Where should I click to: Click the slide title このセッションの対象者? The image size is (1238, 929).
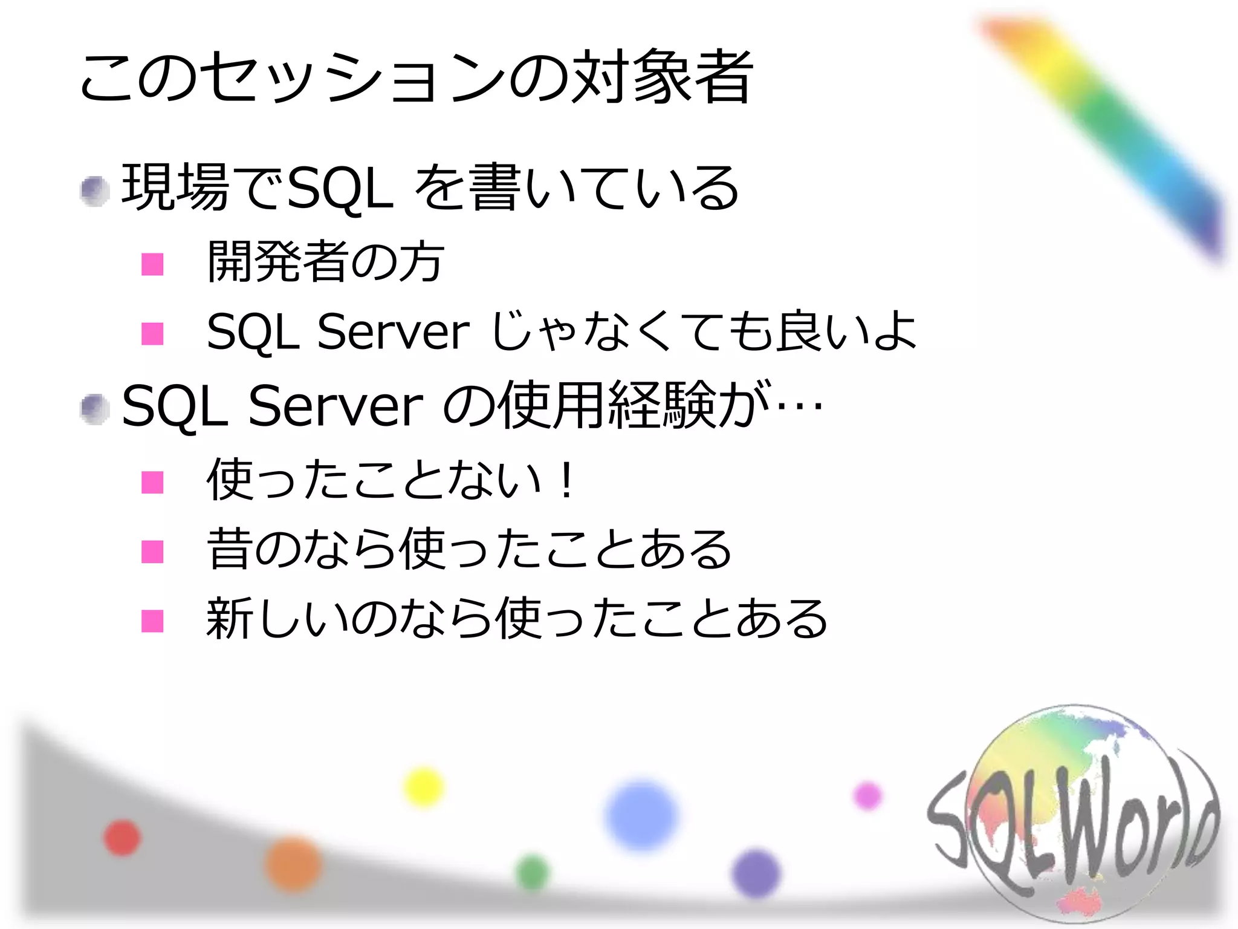click(416, 77)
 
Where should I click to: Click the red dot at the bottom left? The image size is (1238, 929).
click(122, 838)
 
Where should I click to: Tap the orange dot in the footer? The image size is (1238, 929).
click(293, 864)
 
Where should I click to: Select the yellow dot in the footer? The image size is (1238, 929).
click(423, 787)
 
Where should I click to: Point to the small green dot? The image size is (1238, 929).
click(533, 873)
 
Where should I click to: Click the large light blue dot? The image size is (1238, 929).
click(641, 815)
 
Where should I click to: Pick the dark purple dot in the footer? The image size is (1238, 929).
click(756, 873)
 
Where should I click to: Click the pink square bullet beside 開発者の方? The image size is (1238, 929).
click(152, 264)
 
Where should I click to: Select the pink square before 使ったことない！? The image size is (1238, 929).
click(152, 483)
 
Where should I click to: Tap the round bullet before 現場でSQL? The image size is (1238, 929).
click(95, 191)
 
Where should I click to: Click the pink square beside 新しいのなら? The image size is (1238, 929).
click(152, 621)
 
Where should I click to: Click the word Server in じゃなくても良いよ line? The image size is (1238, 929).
click(393, 331)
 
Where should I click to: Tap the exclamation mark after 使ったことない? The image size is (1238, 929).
click(566, 481)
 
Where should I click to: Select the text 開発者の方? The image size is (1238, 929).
click(325, 262)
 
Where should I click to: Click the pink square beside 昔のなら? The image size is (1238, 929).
click(152, 552)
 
